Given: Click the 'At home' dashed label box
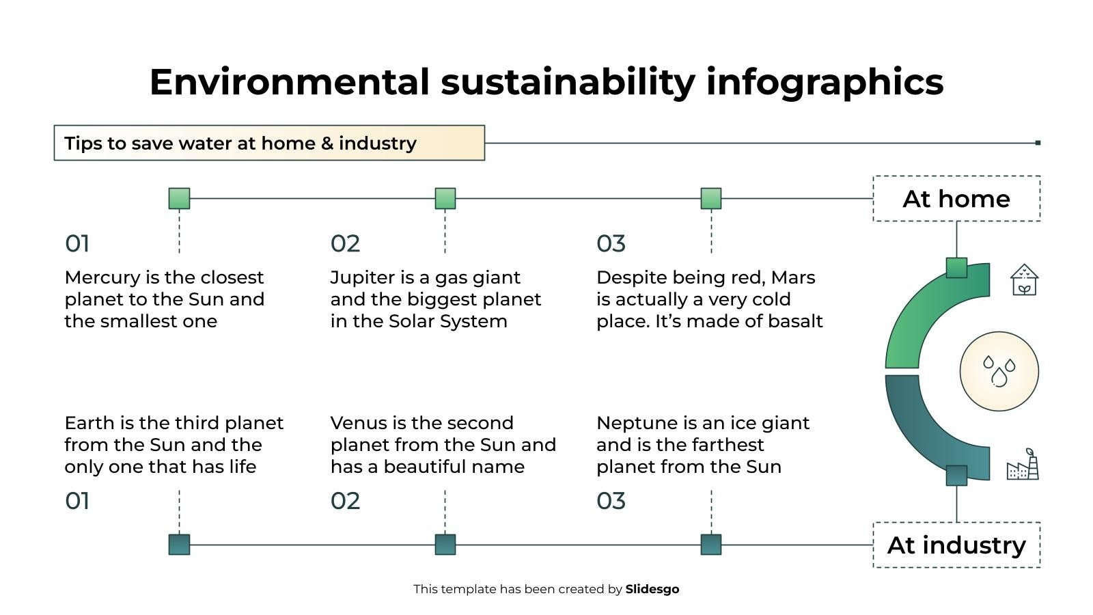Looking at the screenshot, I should coord(956,199).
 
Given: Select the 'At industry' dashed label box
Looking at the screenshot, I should coord(956,545).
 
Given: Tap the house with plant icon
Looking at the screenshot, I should coord(1024,280).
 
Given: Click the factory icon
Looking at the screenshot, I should coord(1023,465).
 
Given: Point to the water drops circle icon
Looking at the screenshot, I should coord(999,371).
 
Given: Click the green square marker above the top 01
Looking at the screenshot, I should coord(179,199).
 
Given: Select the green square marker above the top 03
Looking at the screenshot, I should coord(711,199).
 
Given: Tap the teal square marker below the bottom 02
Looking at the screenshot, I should coord(445,545).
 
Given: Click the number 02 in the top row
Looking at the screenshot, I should coord(345,243).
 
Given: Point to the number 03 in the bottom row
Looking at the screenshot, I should coord(611,501).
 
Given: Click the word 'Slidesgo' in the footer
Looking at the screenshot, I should coord(652,589).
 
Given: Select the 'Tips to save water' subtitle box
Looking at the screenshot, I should coord(269,143).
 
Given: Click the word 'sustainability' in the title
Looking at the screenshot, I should coord(568,82).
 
